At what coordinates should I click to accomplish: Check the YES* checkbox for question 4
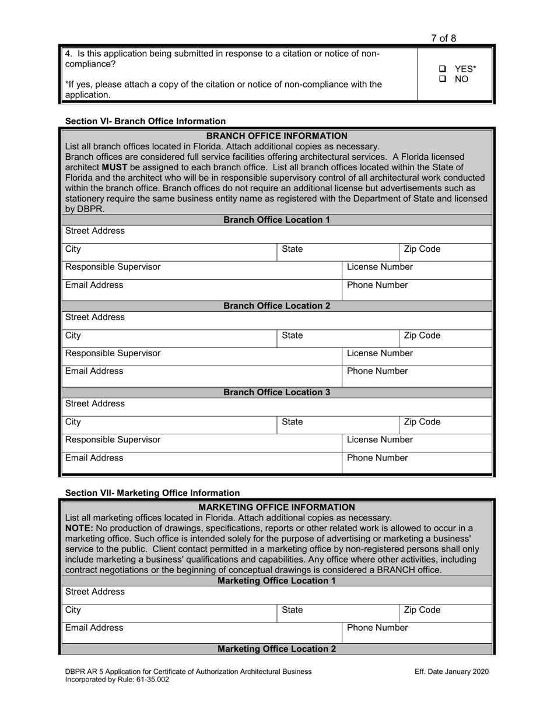pyautogui.click(x=443, y=69)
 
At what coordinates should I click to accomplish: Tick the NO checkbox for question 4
pyautogui.click(x=443, y=79)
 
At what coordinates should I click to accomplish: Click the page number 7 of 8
pyautogui.click(x=443, y=38)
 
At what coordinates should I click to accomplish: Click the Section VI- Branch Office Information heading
pyautogui.click(x=145, y=121)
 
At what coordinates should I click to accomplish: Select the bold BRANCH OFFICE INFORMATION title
pyautogui.click(x=276, y=136)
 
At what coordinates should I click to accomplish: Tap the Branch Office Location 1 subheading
pyautogui.click(x=276, y=220)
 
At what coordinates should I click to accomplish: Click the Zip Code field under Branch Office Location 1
pyautogui.click(x=445, y=252)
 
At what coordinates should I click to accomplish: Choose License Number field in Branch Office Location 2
pyautogui.click(x=416, y=356)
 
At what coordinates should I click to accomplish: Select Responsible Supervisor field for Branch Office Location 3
pyautogui.click(x=201, y=442)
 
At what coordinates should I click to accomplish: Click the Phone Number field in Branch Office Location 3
pyautogui.click(x=416, y=461)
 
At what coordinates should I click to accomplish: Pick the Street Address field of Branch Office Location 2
pyautogui.click(x=276, y=320)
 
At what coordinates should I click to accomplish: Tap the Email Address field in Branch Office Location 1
pyautogui.click(x=201, y=288)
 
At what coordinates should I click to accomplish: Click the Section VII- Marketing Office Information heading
pyautogui.click(x=152, y=493)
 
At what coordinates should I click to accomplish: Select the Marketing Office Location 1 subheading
pyautogui.click(x=276, y=581)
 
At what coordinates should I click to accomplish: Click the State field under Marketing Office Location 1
pyautogui.click(x=337, y=613)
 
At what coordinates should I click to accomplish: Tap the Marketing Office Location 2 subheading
pyautogui.click(x=276, y=649)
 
